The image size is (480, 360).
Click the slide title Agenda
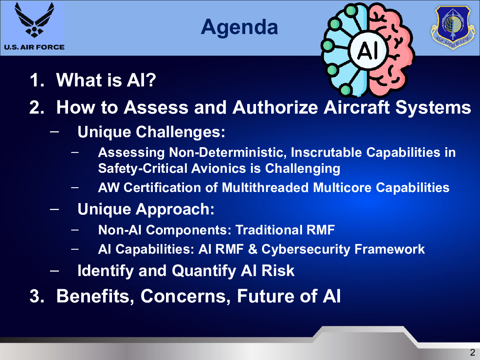click(x=240, y=27)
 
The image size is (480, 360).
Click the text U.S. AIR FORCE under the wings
click(x=34, y=47)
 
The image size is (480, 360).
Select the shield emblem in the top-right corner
click(x=453, y=28)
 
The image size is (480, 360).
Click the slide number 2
click(x=472, y=352)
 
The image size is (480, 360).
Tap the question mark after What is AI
click(x=151, y=80)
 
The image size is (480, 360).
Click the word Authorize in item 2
click(x=275, y=107)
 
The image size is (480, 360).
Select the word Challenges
click(x=180, y=132)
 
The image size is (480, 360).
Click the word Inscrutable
click(x=326, y=152)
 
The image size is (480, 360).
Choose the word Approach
click(x=175, y=209)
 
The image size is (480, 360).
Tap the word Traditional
click(x=269, y=230)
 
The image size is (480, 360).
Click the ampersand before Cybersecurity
click(x=252, y=249)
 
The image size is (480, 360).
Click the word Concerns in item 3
click(x=185, y=296)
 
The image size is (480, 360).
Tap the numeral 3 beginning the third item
click(x=34, y=296)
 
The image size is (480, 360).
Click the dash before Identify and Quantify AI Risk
click(x=54, y=271)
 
